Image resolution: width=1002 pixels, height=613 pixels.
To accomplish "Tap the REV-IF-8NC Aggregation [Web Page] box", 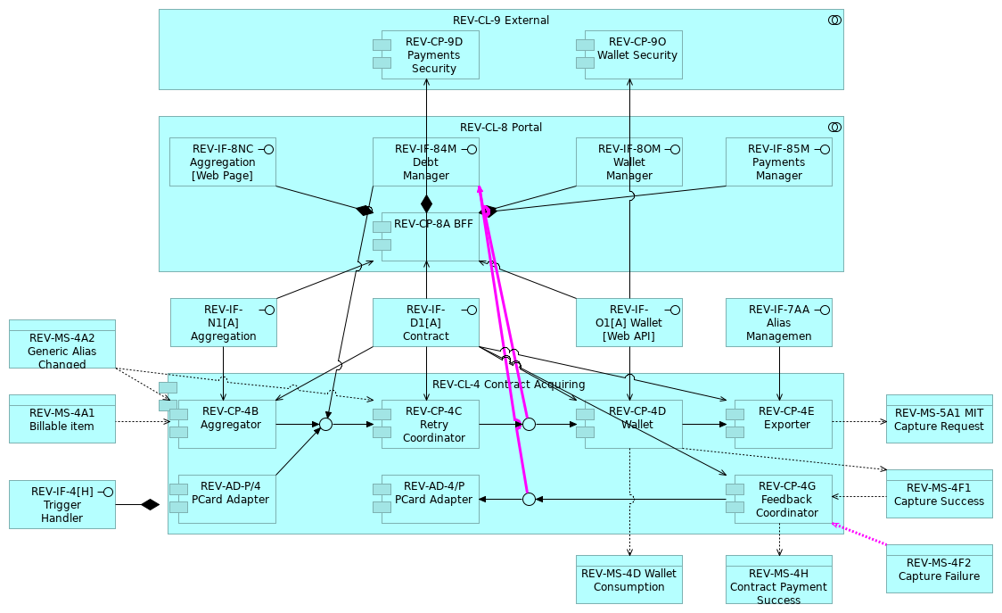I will click(222, 162).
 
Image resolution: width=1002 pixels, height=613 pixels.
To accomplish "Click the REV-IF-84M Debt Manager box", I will click(425, 162).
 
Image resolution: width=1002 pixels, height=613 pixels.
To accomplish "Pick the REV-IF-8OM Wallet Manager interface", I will click(628, 162).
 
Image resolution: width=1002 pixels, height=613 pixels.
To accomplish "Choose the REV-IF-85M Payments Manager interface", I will click(778, 162).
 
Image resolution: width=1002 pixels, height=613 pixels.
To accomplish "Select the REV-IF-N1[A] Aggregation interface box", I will click(223, 322).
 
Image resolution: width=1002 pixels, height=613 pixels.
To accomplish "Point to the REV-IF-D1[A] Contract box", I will click(425, 322).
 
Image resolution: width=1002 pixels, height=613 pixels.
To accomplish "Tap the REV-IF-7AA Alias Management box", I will click(778, 322).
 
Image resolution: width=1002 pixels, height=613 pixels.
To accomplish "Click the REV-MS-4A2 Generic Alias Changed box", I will click(62, 344).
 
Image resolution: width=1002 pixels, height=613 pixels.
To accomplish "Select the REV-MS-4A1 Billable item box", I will click(62, 418).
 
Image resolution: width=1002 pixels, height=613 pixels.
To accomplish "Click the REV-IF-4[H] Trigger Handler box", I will click(62, 504).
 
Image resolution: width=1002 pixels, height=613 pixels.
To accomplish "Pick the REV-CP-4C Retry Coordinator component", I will click(430, 424).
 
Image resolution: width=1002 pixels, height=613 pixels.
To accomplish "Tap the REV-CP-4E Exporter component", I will click(783, 424).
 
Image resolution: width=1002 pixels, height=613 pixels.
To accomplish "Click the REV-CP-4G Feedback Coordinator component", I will click(783, 499).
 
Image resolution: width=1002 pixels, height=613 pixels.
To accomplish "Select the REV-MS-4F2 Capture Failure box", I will click(939, 568).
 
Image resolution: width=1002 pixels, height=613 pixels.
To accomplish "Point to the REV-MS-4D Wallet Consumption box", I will click(628, 579).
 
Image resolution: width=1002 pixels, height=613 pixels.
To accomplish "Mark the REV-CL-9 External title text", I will click(500, 20).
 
